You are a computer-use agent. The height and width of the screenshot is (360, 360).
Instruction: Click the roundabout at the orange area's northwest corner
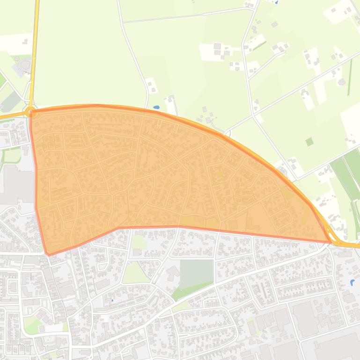click(x=31, y=112)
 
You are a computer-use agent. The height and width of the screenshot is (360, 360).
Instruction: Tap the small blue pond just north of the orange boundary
click(x=156, y=108)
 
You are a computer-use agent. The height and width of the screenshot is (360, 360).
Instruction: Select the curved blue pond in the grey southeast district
click(x=352, y=282)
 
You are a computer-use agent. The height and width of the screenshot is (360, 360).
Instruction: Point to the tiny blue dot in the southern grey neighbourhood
click(x=112, y=300)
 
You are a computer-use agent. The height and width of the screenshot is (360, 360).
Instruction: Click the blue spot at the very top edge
click(x=276, y=2)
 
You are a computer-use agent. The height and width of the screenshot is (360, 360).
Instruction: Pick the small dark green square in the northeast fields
click(x=309, y=142)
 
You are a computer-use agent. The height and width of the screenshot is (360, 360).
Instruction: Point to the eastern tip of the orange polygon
click(x=331, y=242)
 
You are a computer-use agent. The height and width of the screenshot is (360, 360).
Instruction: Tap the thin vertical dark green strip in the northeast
click(x=350, y=77)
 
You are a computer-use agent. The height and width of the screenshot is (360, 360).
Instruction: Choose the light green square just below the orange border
click(x=139, y=242)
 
